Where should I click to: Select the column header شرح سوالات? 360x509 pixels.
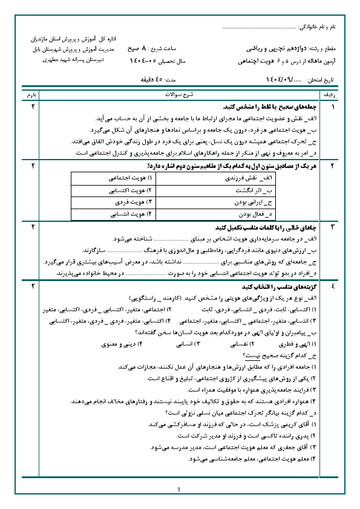[180, 96]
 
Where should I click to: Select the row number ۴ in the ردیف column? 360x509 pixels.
[332, 286]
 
